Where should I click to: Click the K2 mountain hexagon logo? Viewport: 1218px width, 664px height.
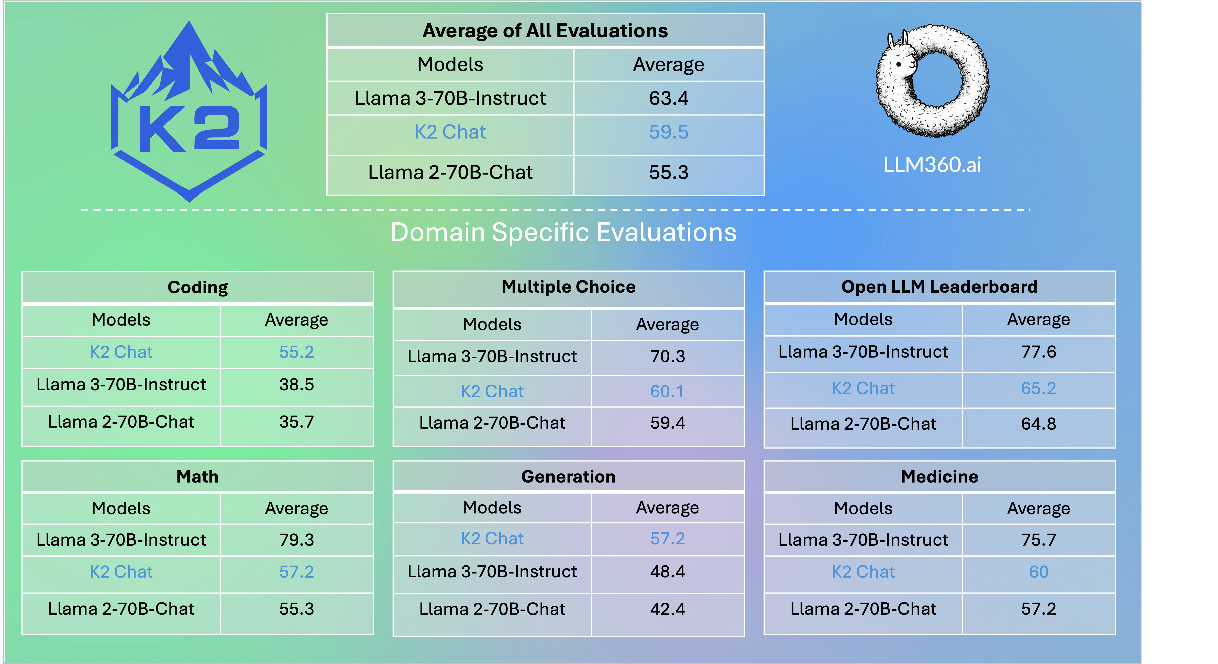(x=189, y=113)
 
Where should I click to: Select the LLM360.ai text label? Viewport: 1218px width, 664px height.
(x=932, y=164)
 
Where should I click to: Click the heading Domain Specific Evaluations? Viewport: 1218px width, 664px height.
(x=563, y=232)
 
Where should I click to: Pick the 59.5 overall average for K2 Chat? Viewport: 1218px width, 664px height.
(x=669, y=132)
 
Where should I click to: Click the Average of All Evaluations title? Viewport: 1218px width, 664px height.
(x=545, y=31)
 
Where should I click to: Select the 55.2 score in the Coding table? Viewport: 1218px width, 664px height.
(x=296, y=352)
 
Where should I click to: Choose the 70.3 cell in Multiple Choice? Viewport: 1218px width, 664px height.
(x=667, y=356)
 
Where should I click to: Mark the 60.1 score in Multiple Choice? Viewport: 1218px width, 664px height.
(x=667, y=391)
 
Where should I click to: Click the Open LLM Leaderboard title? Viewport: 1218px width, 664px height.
(x=939, y=287)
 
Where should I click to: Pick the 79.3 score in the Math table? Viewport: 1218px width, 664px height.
(x=296, y=540)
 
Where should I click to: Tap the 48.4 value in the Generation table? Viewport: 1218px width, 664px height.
(x=667, y=572)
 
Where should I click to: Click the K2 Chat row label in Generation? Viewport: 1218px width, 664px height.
(x=492, y=539)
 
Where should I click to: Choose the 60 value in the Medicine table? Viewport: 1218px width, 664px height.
(x=1038, y=572)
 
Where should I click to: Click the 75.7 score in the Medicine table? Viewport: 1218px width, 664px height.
(x=1038, y=540)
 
